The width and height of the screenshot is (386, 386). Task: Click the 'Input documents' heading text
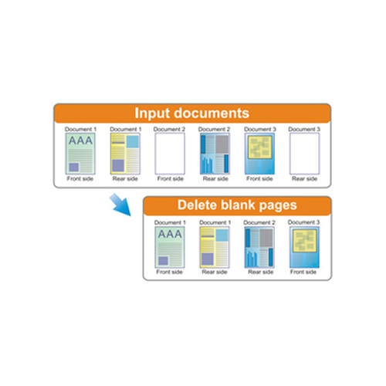tap(191, 113)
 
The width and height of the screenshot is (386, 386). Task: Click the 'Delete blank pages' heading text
tap(237, 205)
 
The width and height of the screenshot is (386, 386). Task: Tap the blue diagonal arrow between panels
tap(120, 205)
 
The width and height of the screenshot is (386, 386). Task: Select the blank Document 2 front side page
tap(170, 154)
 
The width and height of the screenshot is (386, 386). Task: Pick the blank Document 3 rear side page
tap(304, 154)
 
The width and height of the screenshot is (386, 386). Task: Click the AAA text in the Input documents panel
tap(80, 141)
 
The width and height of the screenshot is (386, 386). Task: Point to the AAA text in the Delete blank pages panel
tap(170, 234)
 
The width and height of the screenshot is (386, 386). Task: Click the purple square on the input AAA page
tap(74, 168)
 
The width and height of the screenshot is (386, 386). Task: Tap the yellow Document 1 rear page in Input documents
tap(125, 154)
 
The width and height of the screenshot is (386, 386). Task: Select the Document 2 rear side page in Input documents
tap(215, 154)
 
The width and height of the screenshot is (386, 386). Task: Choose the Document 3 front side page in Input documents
tap(259, 154)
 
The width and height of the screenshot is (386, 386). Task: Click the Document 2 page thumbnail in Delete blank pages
tap(259, 247)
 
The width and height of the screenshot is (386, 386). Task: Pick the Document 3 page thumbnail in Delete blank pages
tap(304, 247)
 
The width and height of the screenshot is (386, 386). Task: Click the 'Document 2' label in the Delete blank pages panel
tap(259, 222)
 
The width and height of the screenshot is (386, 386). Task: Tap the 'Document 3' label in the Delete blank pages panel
tap(303, 222)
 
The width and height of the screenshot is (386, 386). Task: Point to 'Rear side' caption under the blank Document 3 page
tap(304, 178)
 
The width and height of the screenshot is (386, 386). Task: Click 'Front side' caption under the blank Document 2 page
tap(171, 178)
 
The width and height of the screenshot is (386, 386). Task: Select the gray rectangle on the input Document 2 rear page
tap(222, 144)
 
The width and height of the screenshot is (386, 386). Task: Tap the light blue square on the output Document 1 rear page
tap(222, 235)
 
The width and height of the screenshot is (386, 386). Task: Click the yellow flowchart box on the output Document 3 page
tap(304, 241)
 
